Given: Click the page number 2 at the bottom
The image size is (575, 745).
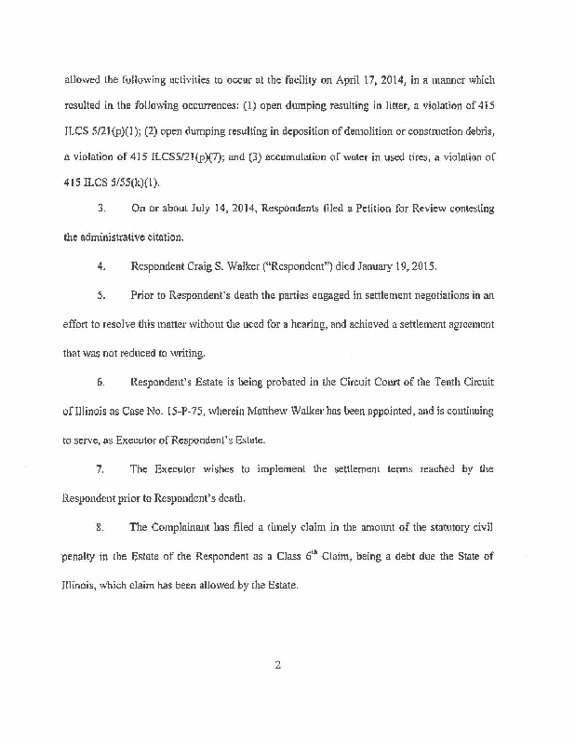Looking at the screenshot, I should pos(278,665).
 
